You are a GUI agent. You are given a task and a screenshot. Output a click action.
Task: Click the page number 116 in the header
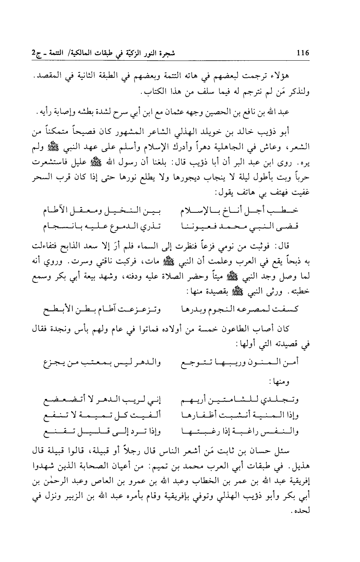tap(304, 53)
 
